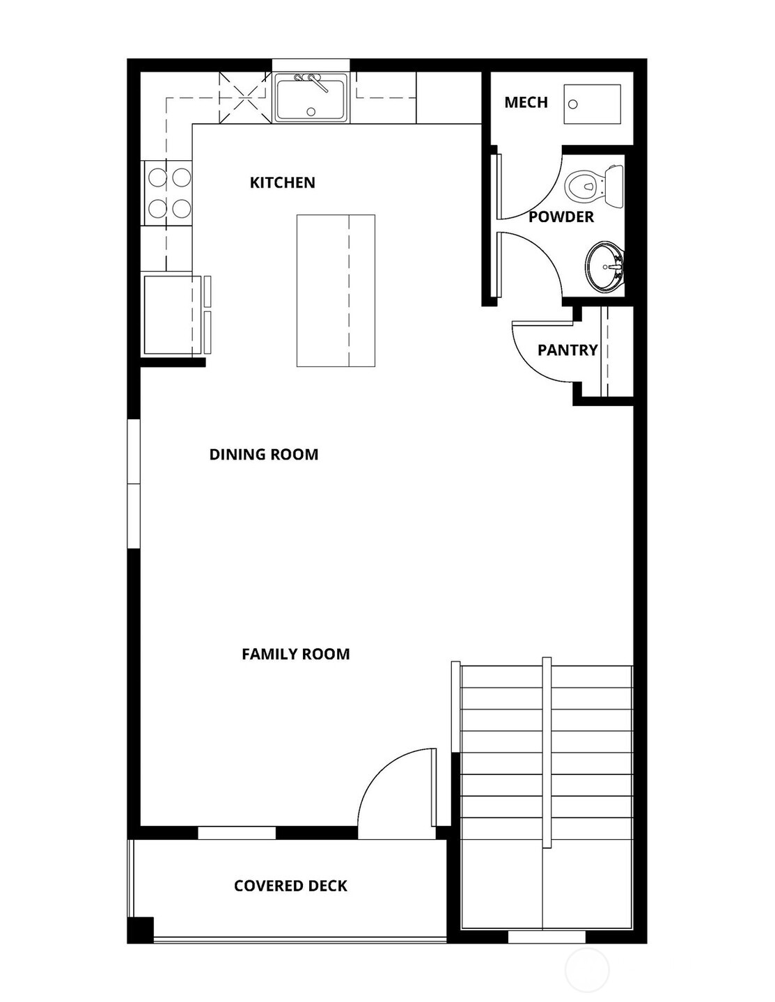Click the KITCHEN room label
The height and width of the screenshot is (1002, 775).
pos(282,182)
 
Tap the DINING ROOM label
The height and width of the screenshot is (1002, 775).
pos(263,454)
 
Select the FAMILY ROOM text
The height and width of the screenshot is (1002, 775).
pos(295,654)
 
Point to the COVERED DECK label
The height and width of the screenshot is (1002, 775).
pos(290,886)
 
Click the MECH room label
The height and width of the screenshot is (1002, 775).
pos(526,102)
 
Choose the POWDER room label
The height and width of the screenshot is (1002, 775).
pos(561,217)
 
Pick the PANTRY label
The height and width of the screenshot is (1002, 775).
pos(567,350)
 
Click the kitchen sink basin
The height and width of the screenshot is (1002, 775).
pos(311,99)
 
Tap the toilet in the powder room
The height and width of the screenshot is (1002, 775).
pos(592,187)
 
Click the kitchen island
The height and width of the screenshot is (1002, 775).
pos(336,290)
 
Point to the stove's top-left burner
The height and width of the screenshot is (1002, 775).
pos(157,178)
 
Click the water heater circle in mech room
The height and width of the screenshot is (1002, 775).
pos(573,104)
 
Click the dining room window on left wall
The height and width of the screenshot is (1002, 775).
pos(133,484)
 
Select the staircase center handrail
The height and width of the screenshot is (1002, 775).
pos(547,752)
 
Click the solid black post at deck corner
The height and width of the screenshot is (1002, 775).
pos(141,930)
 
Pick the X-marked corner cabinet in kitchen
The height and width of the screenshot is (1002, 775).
pos(244,98)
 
